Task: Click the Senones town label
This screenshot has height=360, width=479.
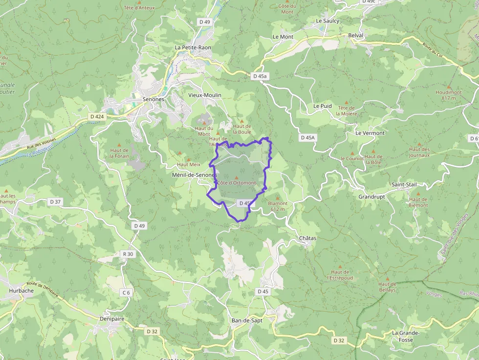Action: (153, 99)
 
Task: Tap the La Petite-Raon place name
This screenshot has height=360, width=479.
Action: (193, 47)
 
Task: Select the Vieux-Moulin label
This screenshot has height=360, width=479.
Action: (205, 95)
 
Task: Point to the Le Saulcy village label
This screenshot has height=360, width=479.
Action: (327, 21)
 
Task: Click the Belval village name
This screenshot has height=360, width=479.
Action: (356, 36)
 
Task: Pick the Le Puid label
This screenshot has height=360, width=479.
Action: (323, 106)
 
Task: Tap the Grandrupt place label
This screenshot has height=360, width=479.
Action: (371, 197)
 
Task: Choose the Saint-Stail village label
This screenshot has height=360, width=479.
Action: (404, 185)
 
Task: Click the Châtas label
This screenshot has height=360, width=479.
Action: (308, 238)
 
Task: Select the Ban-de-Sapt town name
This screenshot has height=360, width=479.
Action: (247, 320)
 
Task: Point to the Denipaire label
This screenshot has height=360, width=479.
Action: (112, 319)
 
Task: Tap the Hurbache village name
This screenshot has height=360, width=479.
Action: (22, 290)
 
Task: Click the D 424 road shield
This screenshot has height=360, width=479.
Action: (97, 116)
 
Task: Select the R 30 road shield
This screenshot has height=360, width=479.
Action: (128, 254)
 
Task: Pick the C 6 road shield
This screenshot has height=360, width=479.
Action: (126, 293)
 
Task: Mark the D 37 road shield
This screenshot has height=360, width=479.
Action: (55, 202)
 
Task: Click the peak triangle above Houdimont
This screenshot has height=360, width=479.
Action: (449, 86)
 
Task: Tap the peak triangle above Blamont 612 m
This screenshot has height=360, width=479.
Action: (277, 198)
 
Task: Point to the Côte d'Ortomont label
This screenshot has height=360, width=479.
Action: (237, 183)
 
